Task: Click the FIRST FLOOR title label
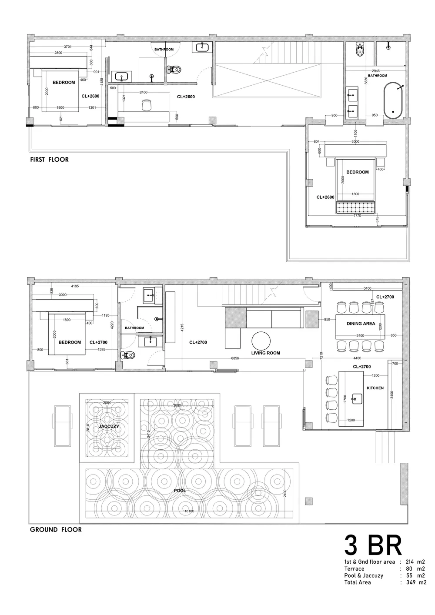[49, 160]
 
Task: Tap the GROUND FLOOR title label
[56, 530]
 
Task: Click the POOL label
[180, 491]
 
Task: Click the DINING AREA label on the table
[361, 324]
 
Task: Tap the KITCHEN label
[375, 388]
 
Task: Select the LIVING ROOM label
[265, 353]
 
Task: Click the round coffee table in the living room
[261, 340]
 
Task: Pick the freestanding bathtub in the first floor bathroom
[394, 100]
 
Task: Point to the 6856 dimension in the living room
[235, 358]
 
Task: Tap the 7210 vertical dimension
[321, 357]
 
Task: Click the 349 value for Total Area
[411, 582]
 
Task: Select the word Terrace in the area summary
[354, 568]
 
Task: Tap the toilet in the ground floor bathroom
[128, 355]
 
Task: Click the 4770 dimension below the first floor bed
[357, 215]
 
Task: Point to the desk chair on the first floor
[147, 105]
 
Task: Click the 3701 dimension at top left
[67, 47]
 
